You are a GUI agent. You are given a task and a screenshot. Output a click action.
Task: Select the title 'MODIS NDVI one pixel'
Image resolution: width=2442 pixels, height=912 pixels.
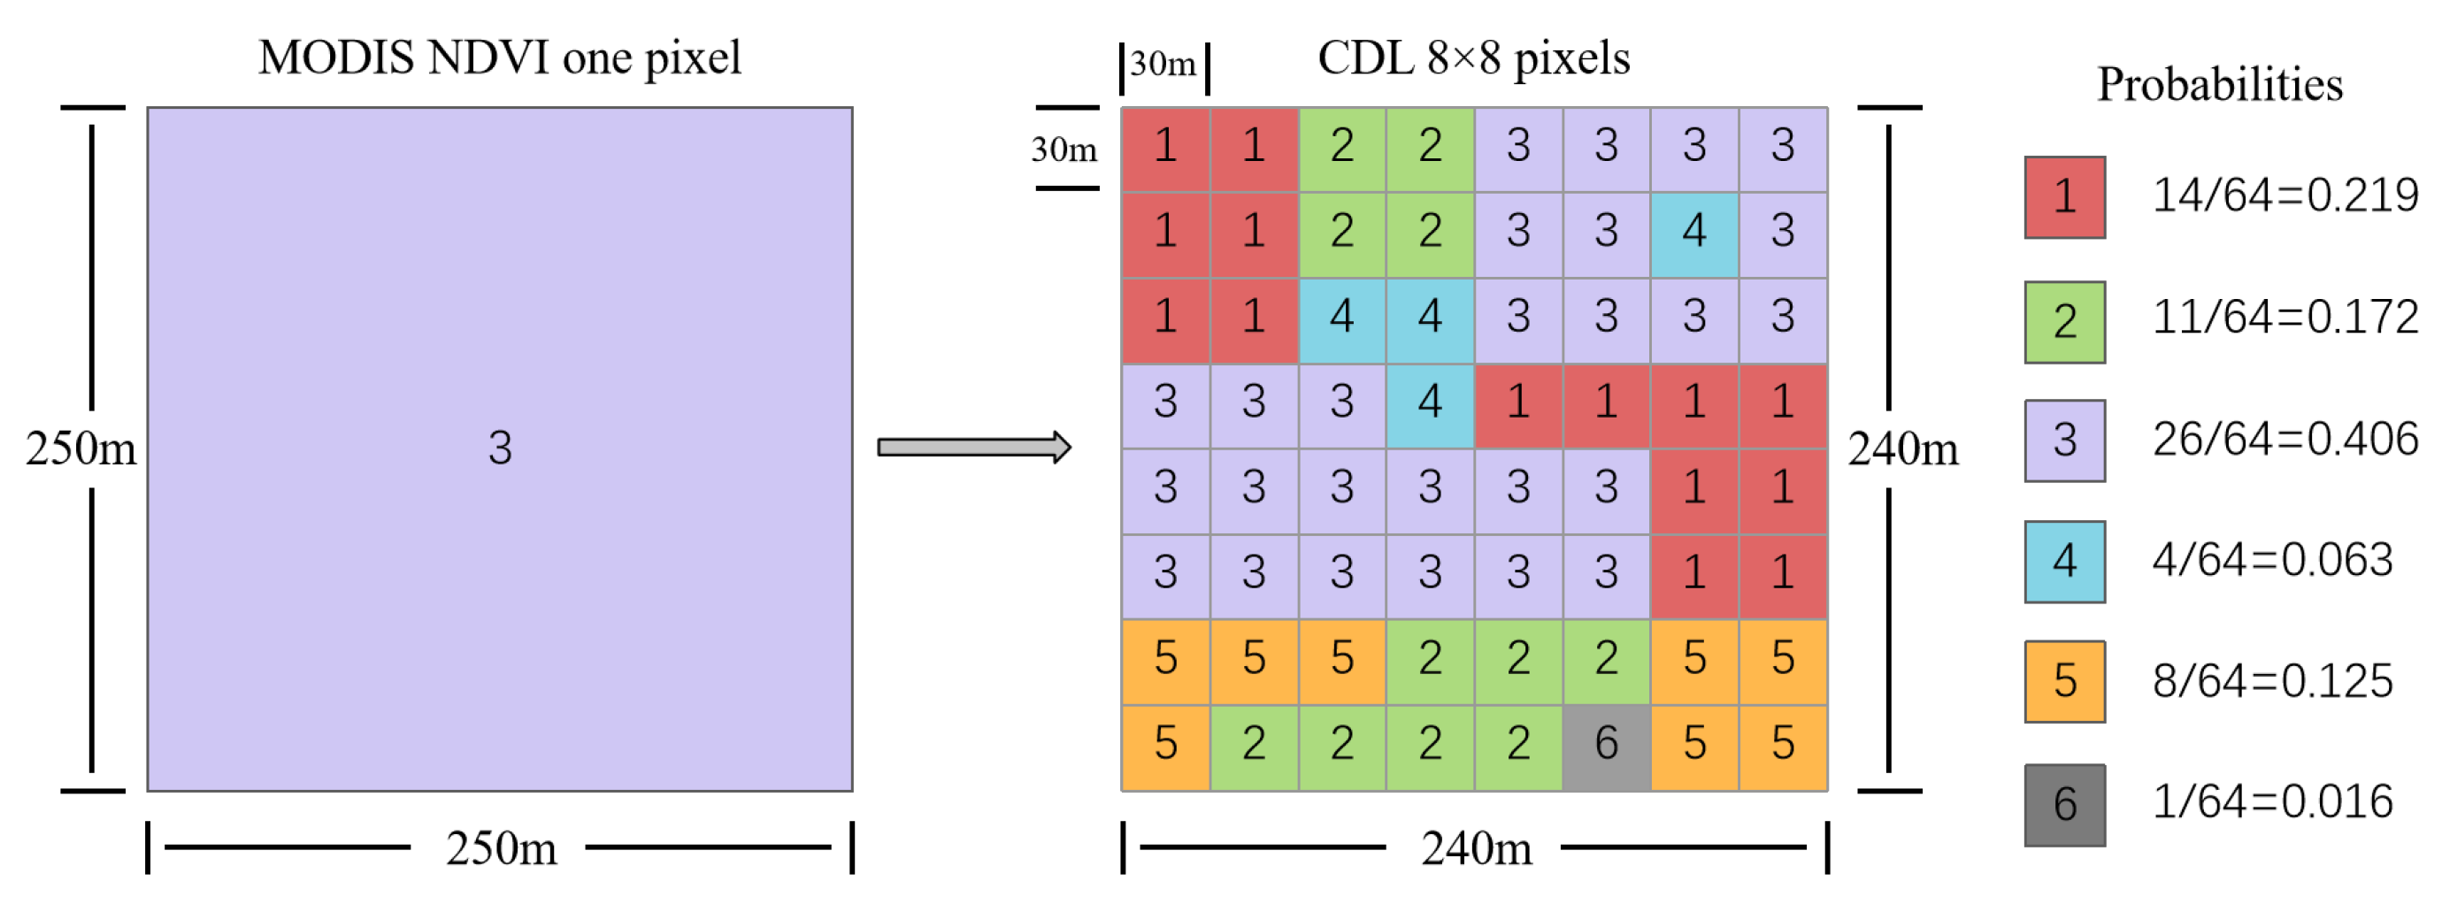(500, 58)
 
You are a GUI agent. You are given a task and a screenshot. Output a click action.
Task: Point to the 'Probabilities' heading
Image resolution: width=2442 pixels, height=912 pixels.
(2219, 85)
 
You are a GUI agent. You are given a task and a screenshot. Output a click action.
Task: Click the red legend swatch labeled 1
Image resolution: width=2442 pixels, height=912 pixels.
(2065, 197)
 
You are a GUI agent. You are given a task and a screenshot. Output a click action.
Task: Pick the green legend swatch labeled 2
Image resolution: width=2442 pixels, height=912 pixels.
(2065, 322)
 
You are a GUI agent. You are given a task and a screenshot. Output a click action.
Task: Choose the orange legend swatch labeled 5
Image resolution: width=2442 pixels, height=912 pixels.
(2065, 682)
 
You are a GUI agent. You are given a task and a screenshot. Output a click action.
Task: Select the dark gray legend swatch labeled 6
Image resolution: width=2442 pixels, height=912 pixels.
(2065, 805)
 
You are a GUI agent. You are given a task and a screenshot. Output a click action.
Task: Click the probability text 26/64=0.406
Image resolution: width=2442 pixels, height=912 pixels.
(2285, 440)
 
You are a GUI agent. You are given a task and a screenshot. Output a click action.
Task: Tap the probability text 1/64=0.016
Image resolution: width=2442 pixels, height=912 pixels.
(2272, 802)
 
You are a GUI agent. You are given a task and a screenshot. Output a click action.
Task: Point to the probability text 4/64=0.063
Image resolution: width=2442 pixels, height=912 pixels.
(2272, 560)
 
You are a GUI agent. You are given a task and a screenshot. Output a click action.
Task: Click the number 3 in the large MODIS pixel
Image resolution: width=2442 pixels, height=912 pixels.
(500, 448)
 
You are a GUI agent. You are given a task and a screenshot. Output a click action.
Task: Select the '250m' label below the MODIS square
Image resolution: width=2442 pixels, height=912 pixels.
(502, 848)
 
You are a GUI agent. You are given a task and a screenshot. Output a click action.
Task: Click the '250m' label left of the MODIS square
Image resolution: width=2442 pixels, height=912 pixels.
(81, 448)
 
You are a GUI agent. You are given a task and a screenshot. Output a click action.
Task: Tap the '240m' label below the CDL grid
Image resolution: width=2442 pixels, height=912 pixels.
(1476, 848)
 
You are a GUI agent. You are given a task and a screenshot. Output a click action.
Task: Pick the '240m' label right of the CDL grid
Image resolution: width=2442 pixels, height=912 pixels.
(1902, 448)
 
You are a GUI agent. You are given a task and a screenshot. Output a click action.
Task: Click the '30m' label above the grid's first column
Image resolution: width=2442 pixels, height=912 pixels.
(1163, 65)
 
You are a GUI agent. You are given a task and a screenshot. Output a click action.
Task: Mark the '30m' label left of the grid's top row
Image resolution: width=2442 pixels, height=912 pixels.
(1064, 149)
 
